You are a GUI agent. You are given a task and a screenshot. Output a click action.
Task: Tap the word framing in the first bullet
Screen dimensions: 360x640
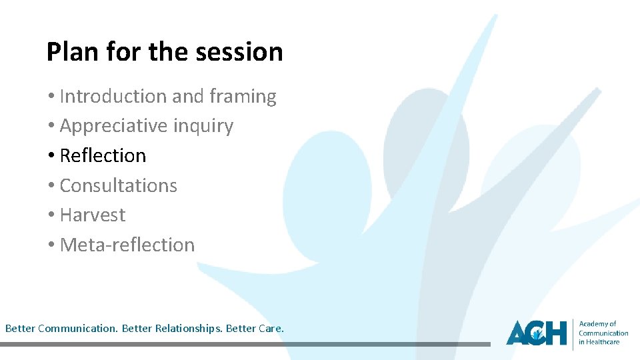243,97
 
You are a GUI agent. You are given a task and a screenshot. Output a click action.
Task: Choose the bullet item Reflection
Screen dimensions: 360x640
103,155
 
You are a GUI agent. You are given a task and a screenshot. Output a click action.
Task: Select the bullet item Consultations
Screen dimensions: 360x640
118,185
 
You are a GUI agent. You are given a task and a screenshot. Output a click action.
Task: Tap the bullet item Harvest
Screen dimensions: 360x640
92,215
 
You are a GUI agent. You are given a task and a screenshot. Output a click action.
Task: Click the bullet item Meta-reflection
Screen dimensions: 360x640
127,245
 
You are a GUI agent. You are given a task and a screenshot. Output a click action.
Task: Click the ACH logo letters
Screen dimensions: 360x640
536,332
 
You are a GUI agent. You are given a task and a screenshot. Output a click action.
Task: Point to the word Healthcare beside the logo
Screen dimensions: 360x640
603,342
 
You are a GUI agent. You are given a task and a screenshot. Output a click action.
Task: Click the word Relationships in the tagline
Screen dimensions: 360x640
189,329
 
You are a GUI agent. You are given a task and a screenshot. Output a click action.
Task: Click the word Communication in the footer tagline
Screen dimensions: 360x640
79,329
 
